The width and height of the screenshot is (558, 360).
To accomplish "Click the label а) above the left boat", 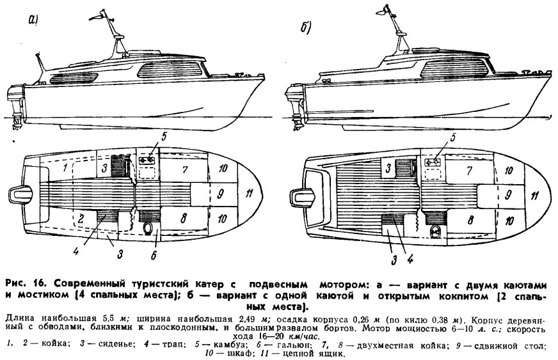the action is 33,21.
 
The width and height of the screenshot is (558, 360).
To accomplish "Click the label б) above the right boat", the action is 306,27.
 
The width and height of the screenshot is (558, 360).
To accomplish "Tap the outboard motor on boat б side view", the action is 294,107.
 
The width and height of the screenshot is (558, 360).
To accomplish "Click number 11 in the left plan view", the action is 249,194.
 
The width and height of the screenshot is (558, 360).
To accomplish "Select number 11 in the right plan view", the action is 534,195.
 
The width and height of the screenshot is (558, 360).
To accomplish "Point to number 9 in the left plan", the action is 220,194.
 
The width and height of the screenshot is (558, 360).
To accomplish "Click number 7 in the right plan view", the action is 470,171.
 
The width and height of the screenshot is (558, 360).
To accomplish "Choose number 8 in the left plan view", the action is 184,217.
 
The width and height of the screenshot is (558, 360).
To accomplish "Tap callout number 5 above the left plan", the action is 163,137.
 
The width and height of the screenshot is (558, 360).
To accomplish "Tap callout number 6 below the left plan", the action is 154,255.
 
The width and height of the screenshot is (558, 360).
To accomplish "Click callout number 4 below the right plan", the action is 410,260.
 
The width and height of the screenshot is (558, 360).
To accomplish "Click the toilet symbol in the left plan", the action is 148,228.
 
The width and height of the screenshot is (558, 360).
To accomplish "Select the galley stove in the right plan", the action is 433,162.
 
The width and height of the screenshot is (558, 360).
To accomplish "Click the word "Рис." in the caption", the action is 16,285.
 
